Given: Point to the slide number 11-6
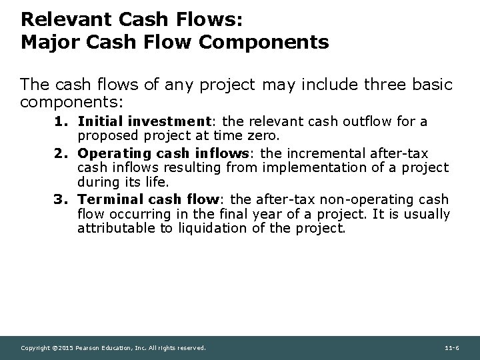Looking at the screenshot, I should (x=450, y=348).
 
